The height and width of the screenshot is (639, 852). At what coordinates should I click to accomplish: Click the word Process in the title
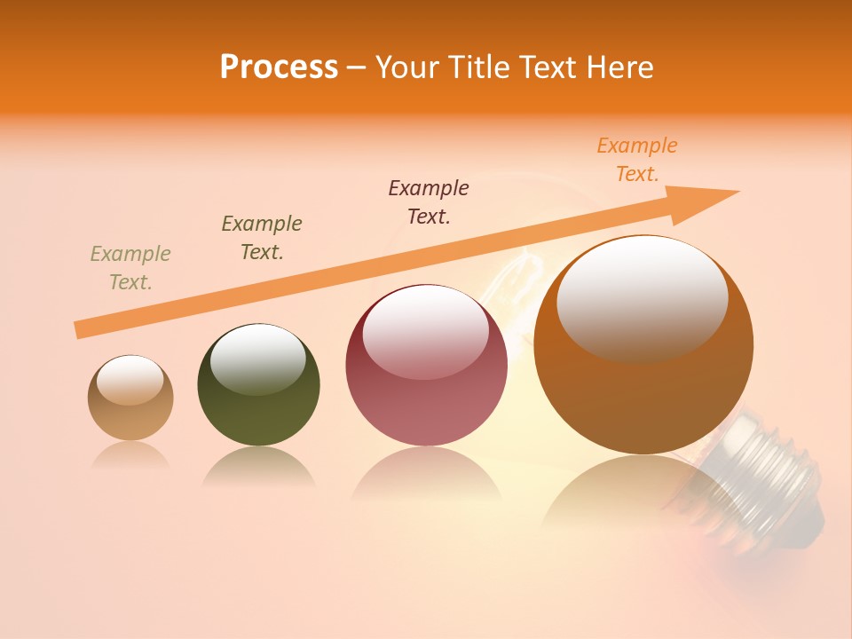coord(279,67)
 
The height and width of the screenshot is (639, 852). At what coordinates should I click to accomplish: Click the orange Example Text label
coord(636,160)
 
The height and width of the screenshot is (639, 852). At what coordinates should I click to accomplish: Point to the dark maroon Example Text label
coord(429,201)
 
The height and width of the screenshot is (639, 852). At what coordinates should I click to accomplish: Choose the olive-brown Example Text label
coord(262,237)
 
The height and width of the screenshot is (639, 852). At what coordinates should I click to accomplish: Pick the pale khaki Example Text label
coord(130,267)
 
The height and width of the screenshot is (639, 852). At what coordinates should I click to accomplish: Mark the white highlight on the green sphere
coord(258,357)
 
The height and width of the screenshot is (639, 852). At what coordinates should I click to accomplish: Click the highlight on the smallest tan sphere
coord(130,381)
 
